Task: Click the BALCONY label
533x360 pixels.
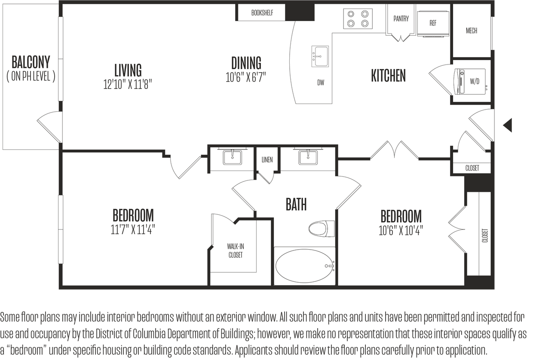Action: (x=31, y=63)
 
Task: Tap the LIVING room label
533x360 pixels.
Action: (x=128, y=70)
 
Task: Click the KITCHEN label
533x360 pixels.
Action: (x=388, y=76)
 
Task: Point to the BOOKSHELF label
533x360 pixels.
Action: (x=262, y=13)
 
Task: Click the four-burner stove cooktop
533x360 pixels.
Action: (x=358, y=19)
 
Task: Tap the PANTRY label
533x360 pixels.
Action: (x=401, y=18)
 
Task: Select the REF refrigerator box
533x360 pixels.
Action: (x=432, y=23)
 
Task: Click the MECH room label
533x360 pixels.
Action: (x=472, y=31)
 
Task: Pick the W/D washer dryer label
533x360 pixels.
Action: (x=475, y=81)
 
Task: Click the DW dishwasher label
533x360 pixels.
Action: (x=321, y=83)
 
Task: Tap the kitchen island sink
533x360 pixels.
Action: (x=320, y=56)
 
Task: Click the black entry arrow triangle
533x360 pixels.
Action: (x=508, y=125)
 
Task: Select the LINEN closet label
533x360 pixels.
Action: (x=267, y=160)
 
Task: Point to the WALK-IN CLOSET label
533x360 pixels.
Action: (x=235, y=251)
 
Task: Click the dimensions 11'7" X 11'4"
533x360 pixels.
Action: (x=132, y=229)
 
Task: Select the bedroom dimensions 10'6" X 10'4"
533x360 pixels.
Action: (x=401, y=231)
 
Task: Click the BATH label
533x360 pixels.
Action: (x=296, y=204)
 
